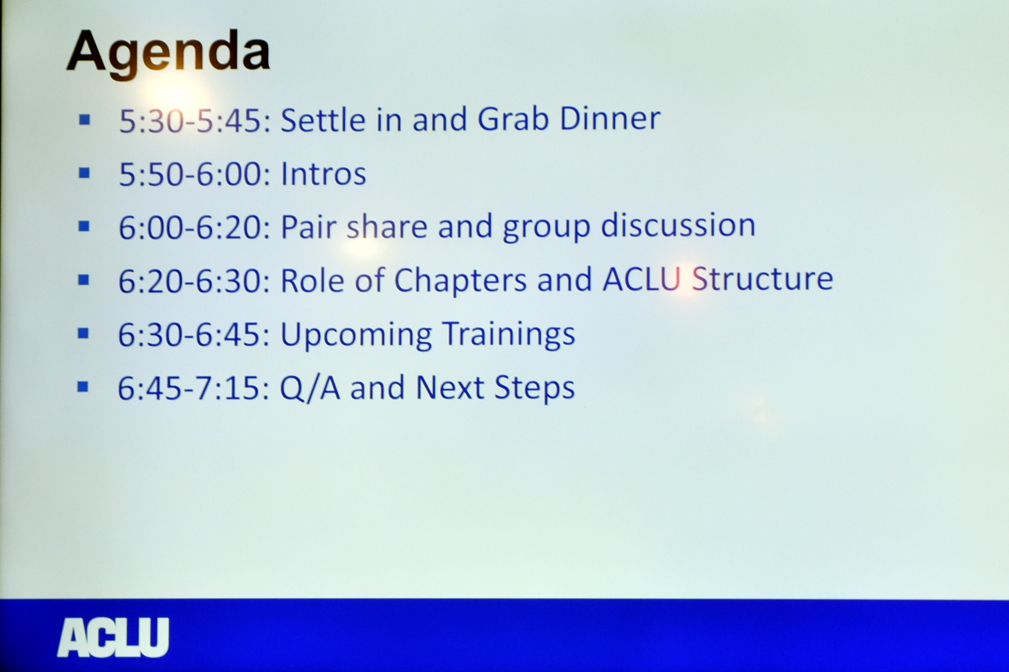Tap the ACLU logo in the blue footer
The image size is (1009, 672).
point(113,637)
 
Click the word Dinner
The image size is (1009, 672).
point(610,118)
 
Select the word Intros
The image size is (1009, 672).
point(323,173)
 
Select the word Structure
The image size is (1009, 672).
point(763,278)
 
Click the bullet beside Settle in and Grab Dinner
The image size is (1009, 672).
point(84,120)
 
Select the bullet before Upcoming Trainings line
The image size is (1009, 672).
point(83,333)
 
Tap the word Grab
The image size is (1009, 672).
point(513,118)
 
